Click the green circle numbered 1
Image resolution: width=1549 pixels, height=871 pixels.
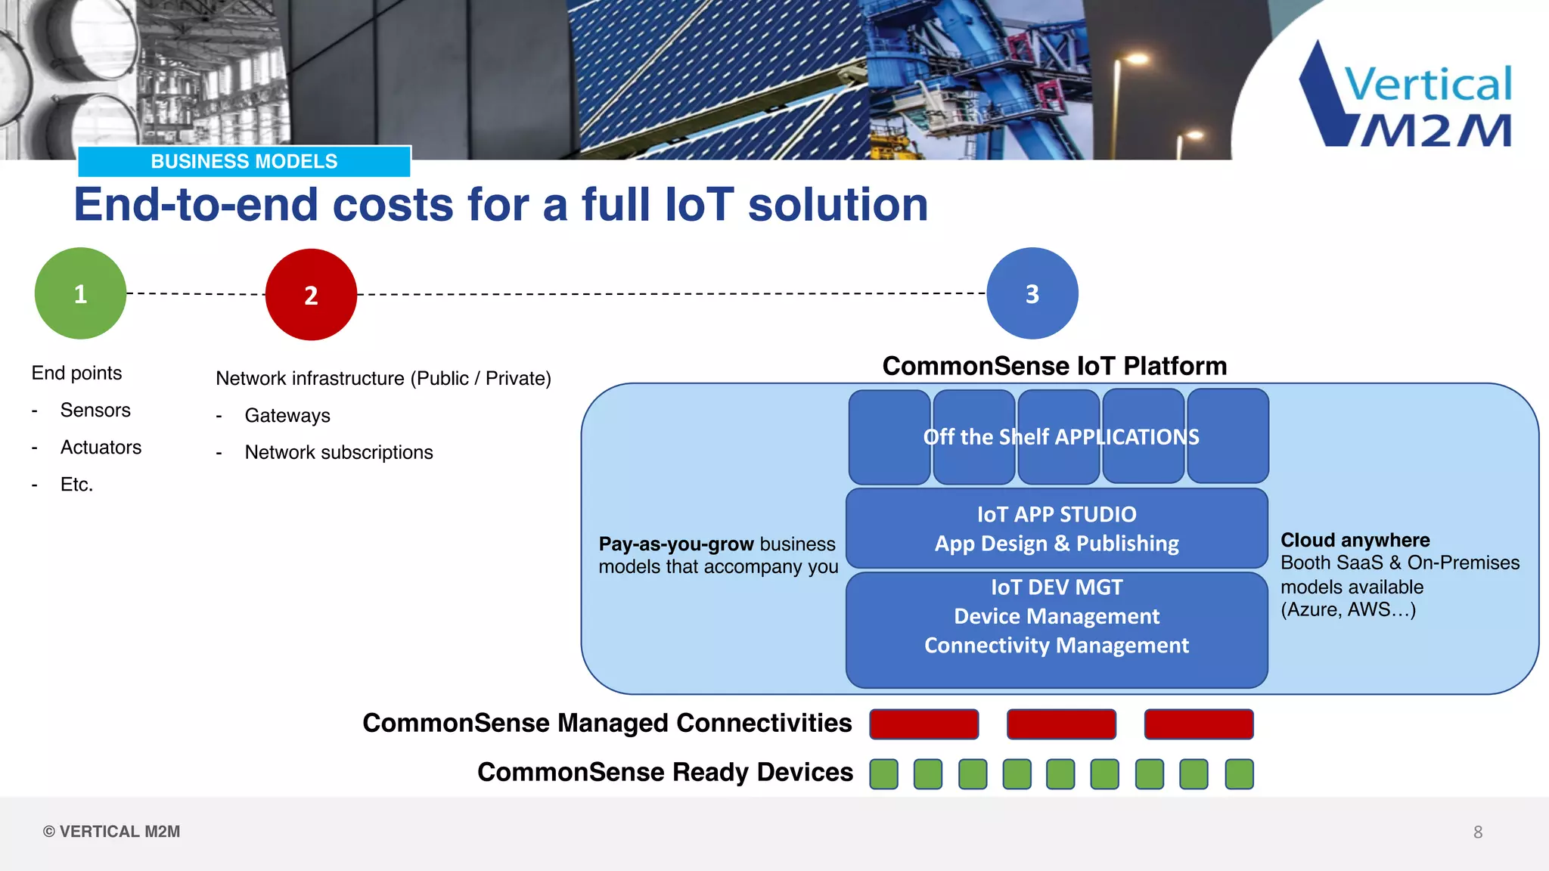[x=80, y=293]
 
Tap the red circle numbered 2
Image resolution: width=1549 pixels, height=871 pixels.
[x=311, y=294]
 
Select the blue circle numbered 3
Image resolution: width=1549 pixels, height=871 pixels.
[x=1032, y=293]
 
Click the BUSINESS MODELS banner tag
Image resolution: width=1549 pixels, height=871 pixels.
[x=244, y=161]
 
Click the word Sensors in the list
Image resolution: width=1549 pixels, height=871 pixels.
[x=95, y=410]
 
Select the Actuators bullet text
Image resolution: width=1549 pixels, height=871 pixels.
[x=101, y=447]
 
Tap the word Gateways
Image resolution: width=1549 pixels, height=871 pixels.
[x=287, y=415]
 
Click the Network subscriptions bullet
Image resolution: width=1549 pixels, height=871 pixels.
[x=339, y=452]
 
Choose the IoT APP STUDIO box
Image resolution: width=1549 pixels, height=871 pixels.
[x=1057, y=528]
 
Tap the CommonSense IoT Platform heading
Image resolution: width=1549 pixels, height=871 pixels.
[x=1054, y=366]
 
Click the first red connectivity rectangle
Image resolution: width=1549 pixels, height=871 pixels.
[x=924, y=724]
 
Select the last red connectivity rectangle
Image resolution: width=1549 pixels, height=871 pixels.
[x=1199, y=724]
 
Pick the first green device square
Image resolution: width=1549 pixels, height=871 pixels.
[x=883, y=774]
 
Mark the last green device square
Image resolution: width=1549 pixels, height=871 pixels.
[x=1239, y=774]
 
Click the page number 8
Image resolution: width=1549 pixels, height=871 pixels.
[x=1478, y=832]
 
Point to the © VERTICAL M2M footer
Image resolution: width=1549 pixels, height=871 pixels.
[x=112, y=832]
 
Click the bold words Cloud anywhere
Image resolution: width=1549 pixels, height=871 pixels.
[x=1355, y=540]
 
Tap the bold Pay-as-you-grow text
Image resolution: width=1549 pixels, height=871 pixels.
[x=676, y=544]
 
